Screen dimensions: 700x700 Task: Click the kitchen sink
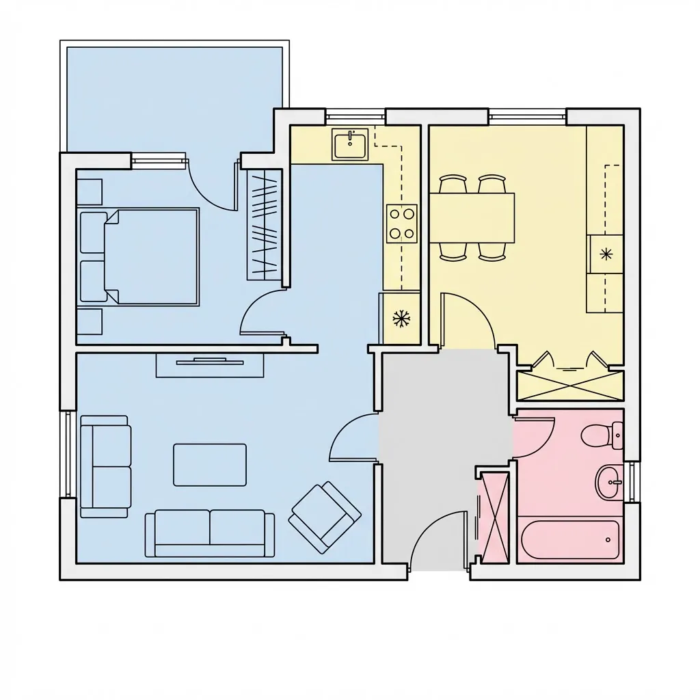pyautogui.click(x=350, y=144)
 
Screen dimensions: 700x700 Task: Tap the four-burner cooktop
pyautogui.click(x=402, y=223)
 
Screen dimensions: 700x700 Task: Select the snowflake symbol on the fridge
pyautogui.click(x=400, y=318)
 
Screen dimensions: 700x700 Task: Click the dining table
pyautogui.click(x=472, y=217)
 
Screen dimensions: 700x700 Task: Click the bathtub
pyautogui.click(x=570, y=540)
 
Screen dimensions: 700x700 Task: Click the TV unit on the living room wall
pyautogui.click(x=210, y=364)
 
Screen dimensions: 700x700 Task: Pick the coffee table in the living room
pyautogui.click(x=210, y=465)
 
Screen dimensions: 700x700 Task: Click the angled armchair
pyautogui.click(x=325, y=517)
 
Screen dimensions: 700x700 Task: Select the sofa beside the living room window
pyautogui.click(x=105, y=466)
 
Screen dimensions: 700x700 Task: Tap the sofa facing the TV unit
pyautogui.click(x=210, y=533)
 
